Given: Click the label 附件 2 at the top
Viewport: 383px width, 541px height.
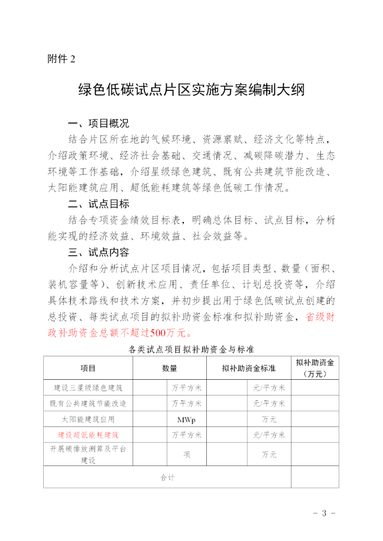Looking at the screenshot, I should pos(61,58).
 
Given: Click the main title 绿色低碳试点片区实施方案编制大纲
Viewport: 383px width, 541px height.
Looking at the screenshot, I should pos(191,90).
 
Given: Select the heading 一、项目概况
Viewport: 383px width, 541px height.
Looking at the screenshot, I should pos(98,124).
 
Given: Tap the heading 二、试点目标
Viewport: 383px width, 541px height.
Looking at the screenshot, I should pos(98,204).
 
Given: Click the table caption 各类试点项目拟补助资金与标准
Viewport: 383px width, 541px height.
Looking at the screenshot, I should pos(191,349).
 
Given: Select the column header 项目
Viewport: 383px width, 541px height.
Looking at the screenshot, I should pos(88,368).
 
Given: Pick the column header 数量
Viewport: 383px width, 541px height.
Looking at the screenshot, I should pos(170,368).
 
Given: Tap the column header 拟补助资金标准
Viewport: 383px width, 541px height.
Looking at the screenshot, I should pos(249,368).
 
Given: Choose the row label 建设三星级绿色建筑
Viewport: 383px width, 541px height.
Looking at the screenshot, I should pos(88,388).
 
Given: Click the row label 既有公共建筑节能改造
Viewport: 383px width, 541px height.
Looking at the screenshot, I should pos(88,404).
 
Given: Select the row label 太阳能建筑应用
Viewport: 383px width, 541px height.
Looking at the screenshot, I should pos(88,419).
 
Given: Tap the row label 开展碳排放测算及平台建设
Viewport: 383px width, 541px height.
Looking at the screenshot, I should pos(88,454).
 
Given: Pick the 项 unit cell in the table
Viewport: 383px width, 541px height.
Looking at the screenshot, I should pos(186,454).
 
